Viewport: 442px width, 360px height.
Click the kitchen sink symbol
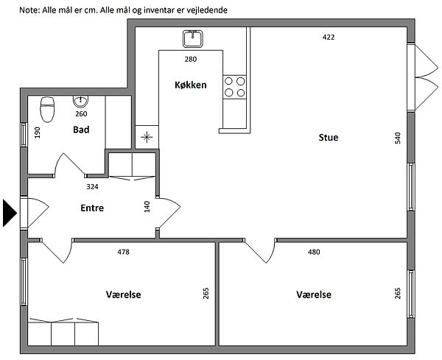click(193, 39)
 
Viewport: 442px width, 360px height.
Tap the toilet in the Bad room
click(47, 109)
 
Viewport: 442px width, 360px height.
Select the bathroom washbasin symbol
click(80, 102)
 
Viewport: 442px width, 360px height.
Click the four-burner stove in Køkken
click(234, 87)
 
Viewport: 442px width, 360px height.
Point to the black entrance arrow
click(10, 213)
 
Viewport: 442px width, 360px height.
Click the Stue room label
click(329, 138)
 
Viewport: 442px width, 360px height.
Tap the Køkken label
click(191, 85)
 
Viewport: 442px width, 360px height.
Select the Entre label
click(92, 208)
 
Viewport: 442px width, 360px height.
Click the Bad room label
click(81, 130)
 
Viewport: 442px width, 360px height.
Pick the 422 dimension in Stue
click(329, 38)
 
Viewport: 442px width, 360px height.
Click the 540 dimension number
click(398, 138)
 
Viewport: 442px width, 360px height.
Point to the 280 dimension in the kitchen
click(191, 59)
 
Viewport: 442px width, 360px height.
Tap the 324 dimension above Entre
click(92, 186)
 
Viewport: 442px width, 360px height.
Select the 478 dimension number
click(123, 252)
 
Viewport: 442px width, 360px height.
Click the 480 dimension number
click(314, 252)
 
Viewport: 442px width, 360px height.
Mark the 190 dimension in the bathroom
click(38, 133)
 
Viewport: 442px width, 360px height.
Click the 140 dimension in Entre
click(147, 207)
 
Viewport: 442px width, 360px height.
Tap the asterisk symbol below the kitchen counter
click(147, 138)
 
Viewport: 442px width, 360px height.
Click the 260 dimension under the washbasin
click(81, 114)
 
